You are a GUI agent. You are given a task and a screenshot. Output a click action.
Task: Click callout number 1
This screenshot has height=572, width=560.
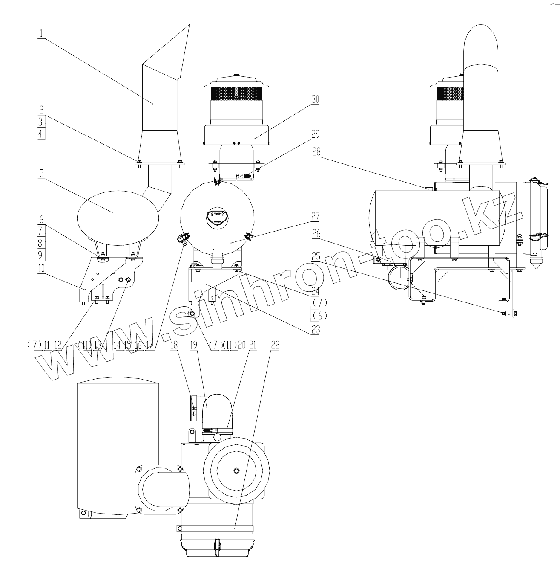[x=41, y=33]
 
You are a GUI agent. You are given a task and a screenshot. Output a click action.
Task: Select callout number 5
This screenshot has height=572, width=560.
[x=41, y=174]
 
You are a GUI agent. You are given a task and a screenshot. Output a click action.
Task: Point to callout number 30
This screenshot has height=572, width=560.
[x=315, y=99]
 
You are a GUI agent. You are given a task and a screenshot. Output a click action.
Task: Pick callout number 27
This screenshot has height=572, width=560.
[x=315, y=216]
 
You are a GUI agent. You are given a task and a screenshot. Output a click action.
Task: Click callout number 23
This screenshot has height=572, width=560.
[x=315, y=329]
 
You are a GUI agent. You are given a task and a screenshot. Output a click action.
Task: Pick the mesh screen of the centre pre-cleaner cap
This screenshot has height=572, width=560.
[x=236, y=94]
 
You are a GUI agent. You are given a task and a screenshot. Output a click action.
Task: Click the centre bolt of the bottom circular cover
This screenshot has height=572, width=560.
[x=237, y=470]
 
